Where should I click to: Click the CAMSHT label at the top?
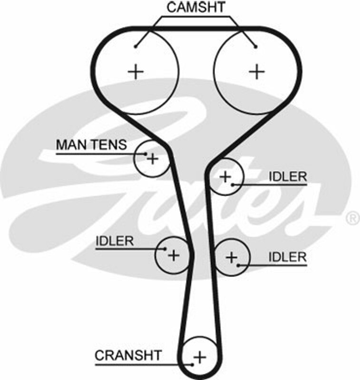(195, 8)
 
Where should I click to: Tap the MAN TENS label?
(91, 144)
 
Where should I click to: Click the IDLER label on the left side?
(115, 241)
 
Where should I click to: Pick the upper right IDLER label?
(288, 177)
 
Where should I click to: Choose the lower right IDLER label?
(288, 257)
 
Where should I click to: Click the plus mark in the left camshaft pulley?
(136, 71)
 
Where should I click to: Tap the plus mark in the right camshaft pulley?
(257, 71)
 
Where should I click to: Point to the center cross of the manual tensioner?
(152, 158)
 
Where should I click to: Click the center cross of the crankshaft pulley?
(200, 356)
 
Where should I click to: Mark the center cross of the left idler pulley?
(174, 255)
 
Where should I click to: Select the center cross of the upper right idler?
(225, 177)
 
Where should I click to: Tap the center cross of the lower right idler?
(231, 257)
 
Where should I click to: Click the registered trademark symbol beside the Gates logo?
(352, 218)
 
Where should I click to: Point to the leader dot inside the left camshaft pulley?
(136, 46)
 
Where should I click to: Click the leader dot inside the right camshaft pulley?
(256, 46)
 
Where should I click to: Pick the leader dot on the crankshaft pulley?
(192, 365)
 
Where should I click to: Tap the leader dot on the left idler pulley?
(165, 248)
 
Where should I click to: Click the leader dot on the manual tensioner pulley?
(145, 153)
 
